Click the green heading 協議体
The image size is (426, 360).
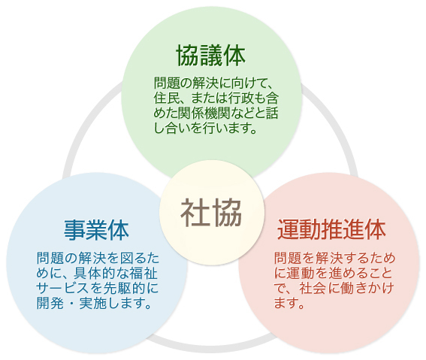[x=210, y=56]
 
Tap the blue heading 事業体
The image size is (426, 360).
[x=96, y=231]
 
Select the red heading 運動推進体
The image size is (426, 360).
[x=331, y=230]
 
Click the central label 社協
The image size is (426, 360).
[x=211, y=213]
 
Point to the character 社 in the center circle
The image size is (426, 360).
[x=195, y=213]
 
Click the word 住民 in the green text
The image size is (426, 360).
[x=167, y=98]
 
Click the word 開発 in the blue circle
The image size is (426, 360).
[x=50, y=303]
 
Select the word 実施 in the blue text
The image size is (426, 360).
[x=92, y=303]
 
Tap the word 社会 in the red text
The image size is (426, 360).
[x=313, y=289]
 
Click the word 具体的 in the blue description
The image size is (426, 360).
[x=92, y=274]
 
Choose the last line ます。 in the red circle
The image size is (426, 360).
[x=289, y=303]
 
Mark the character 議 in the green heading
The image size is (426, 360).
[x=211, y=56]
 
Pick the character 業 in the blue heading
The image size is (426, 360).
[x=96, y=231]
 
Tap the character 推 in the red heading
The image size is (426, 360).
[x=331, y=230]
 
